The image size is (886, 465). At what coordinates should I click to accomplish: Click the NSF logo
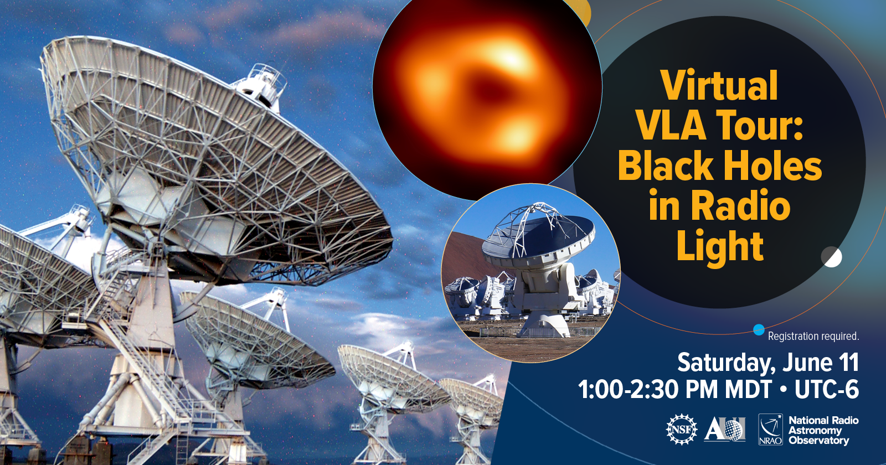(x=682, y=430)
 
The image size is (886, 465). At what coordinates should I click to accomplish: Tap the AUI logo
(x=725, y=429)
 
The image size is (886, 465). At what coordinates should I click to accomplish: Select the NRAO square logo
(x=770, y=430)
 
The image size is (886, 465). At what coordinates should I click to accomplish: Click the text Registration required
(x=813, y=337)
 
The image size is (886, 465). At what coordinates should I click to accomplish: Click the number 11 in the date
(x=848, y=362)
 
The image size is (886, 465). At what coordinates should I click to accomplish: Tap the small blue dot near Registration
(x=759, y=330)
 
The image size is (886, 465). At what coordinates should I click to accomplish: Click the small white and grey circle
(x=831, y=257)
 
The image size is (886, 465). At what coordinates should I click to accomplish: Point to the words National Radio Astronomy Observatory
(x=823, y=430)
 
